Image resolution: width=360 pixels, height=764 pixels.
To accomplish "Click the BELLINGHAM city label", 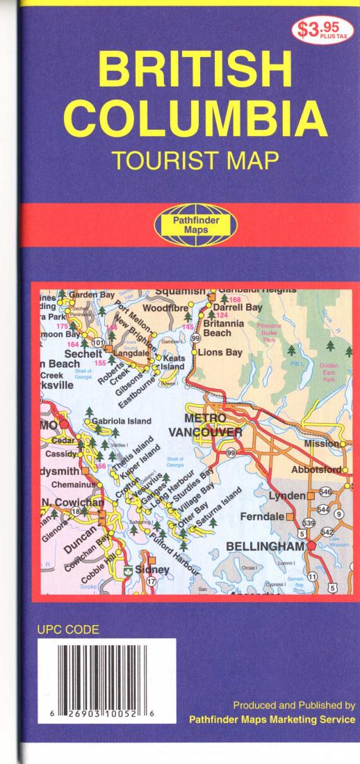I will coord(265,547).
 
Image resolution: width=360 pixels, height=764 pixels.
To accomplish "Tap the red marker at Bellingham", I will coord(311,546).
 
